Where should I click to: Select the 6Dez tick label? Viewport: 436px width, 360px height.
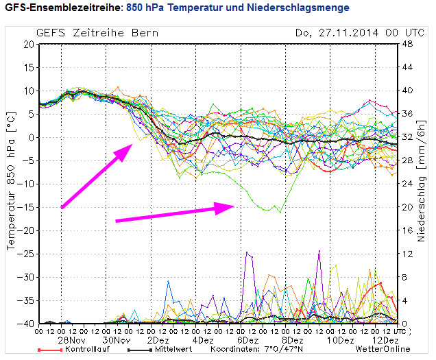251,341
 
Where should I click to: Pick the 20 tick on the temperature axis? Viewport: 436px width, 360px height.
29,44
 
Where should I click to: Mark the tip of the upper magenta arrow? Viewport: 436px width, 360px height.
132,146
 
